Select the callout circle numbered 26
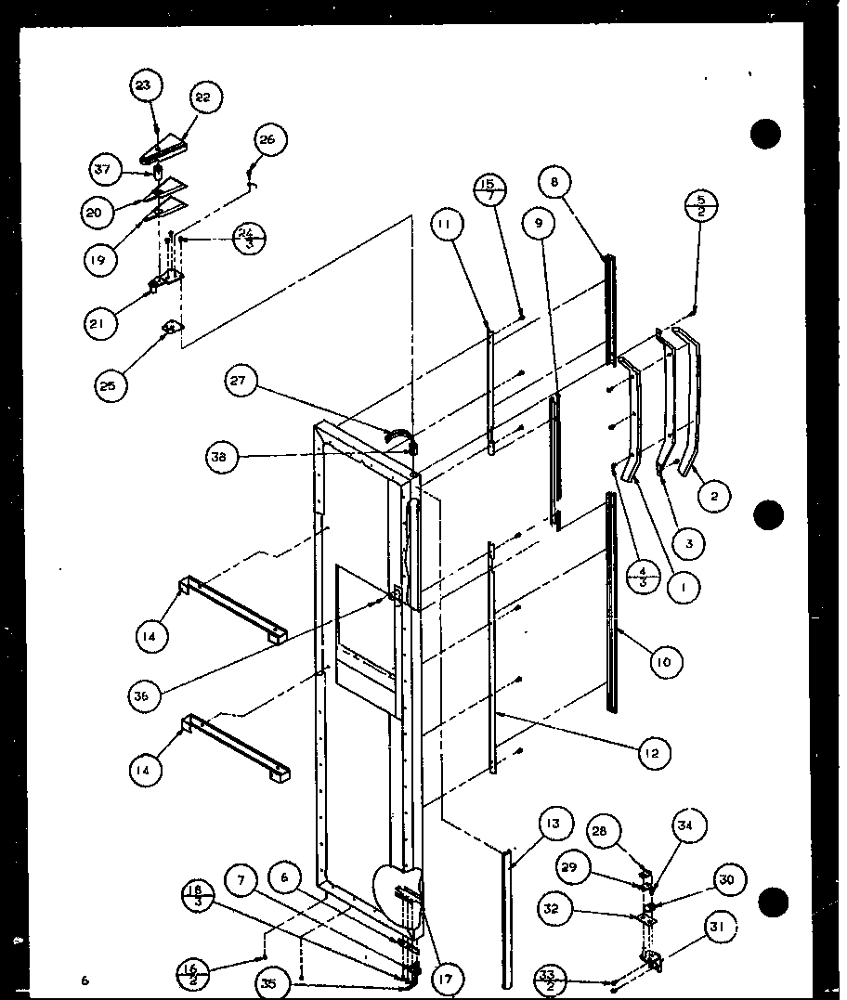(267, 140)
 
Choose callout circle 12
(654, 753)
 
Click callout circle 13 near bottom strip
(554, 824)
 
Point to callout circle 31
(721, 925)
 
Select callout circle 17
(449, 977)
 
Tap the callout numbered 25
(111, 384)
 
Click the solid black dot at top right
(766, 134)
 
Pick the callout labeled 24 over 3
(245, 239)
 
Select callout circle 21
(101, 323)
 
